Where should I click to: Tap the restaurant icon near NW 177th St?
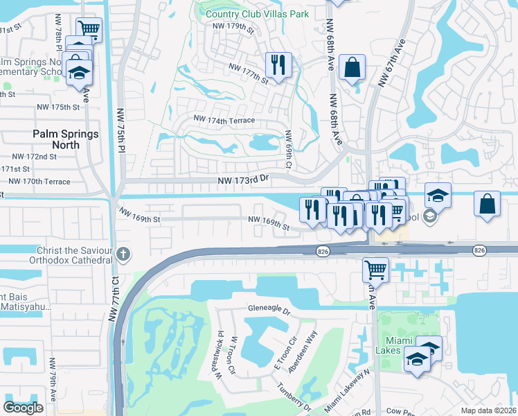pyautogui.click(x=279, y=65)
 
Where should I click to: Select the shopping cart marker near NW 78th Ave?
pyautogui.click(x=88, y=29)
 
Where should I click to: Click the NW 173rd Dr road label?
pyautogui.click(x=242, y=180)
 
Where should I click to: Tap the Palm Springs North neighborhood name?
pyautogui.click(x=66, y=139)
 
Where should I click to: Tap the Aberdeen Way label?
pyautogui.click(x=303, y=352)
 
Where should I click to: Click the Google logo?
pyautogui.click(x=23, y=408)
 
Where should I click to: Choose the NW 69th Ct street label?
pyautogui.click(x=288, y=150)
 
